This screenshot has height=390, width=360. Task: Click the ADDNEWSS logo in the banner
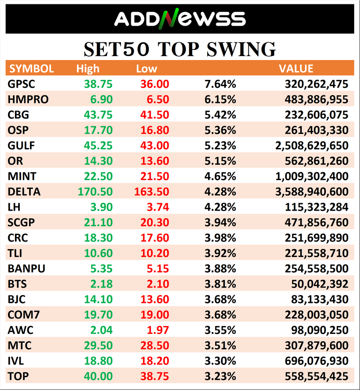pyautogui.click(x=180, y=19)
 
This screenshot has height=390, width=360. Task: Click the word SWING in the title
pyautogui.click(x=239, y=49)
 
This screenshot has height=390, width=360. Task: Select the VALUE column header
pyautogui.click(x=296, y=68)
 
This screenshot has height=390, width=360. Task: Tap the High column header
pyautogui.click(x=88, y=68)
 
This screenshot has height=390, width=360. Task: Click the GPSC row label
pyautogui.click(x=21, y=84)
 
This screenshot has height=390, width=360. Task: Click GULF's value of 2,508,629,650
pyautogui.click(x=312, y=146)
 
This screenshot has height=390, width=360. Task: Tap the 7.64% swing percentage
pyautogui.click(x=220, y=84)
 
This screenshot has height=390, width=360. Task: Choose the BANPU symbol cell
pyautogui.click(x=27, y=269)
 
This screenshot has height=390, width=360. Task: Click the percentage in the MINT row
pyautogui.click(x=220, y=176)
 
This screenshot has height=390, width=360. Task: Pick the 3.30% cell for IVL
pyautogui.click(x=220, y=361)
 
